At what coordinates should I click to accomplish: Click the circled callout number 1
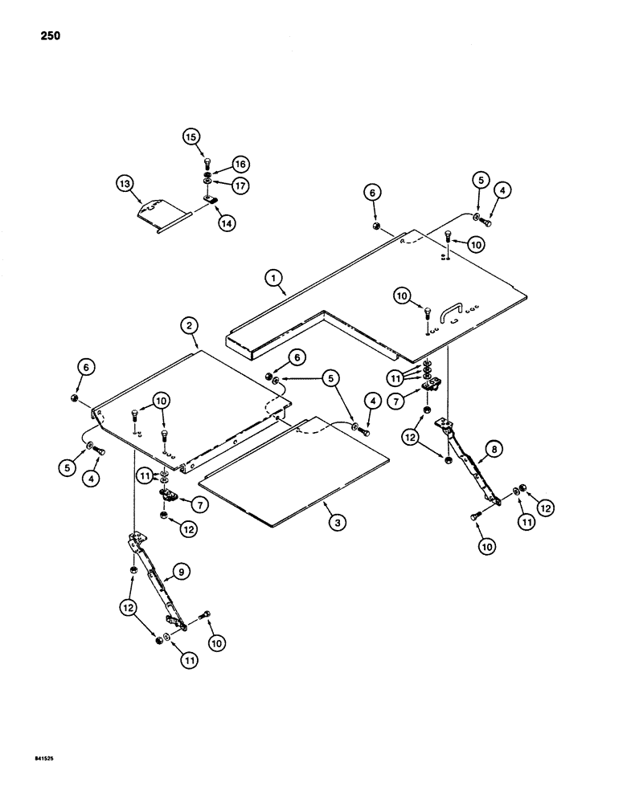275,278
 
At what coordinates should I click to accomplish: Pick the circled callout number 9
182,572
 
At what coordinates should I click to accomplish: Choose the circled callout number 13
125,184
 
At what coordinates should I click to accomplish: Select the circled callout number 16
239,164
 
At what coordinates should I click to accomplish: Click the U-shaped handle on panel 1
452,308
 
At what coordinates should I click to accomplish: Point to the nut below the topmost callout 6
375,227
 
